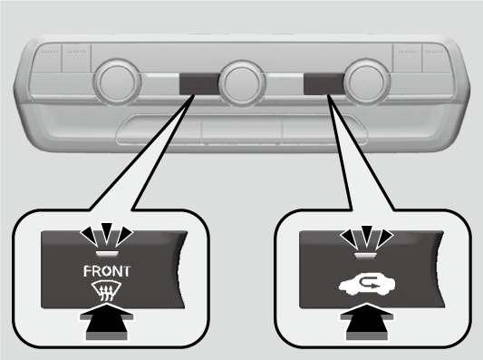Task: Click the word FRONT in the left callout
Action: (107, 271)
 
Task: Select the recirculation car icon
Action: (367, 284)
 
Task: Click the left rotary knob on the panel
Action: (118, 82)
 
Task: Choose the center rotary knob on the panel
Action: (242, 83)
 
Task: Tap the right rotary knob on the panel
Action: (367, 82)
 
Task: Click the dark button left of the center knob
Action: (199, 83)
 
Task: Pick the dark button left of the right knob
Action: (324, 83)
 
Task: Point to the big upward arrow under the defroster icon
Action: (107, 322)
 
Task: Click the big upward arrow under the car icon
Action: (367, 322)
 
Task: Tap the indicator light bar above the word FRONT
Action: (107, 253)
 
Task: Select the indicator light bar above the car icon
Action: (367, 255)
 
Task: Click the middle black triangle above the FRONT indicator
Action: (107, 232)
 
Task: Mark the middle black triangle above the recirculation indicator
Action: (367, 234)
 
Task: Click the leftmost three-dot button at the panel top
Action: (49, 59)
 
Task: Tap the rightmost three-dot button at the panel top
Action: (436, 59)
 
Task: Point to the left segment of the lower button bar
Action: (159, 130)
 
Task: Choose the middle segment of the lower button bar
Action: (242, 130)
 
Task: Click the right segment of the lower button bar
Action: (324, 130)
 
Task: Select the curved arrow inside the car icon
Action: (369, 283)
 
